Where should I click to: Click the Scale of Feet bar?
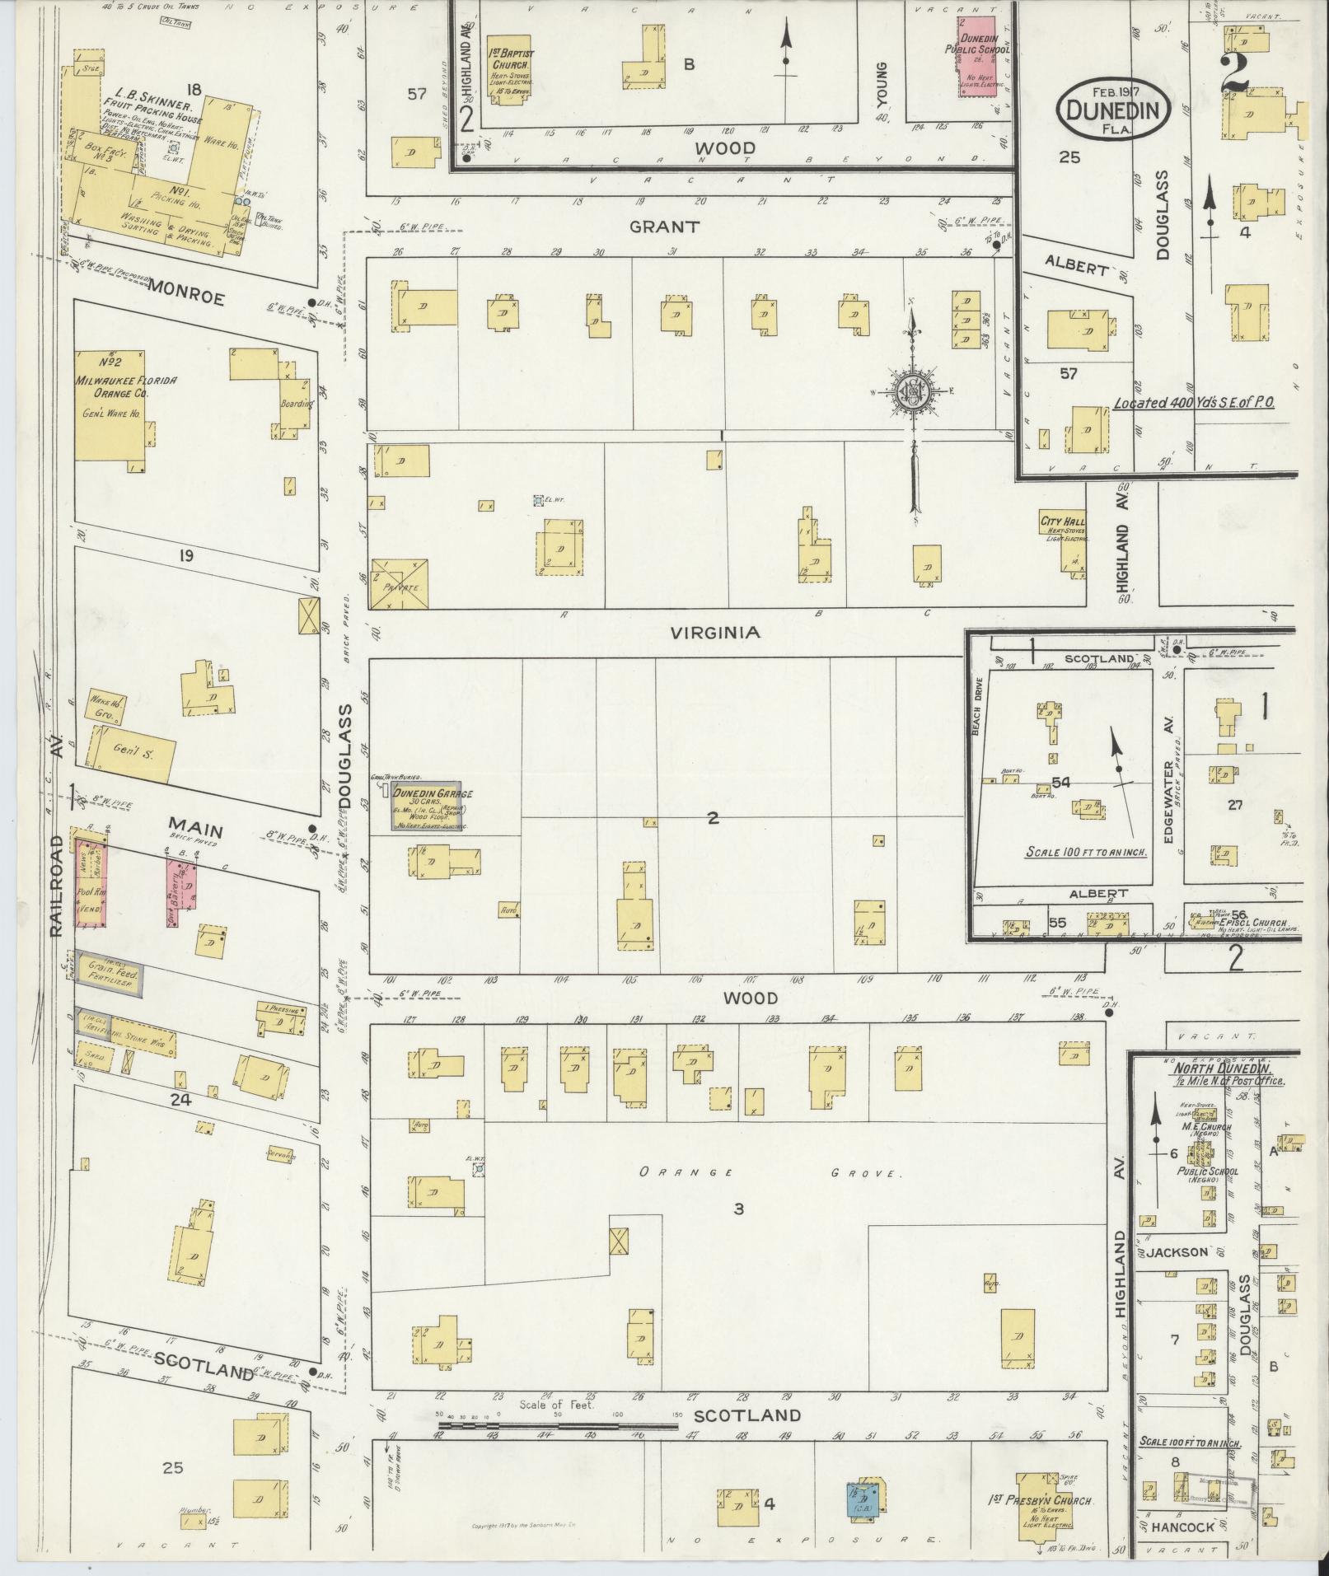556,1422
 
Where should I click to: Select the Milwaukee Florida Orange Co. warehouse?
110,404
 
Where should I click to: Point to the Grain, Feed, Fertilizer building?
110,974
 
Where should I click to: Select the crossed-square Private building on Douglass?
400,585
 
